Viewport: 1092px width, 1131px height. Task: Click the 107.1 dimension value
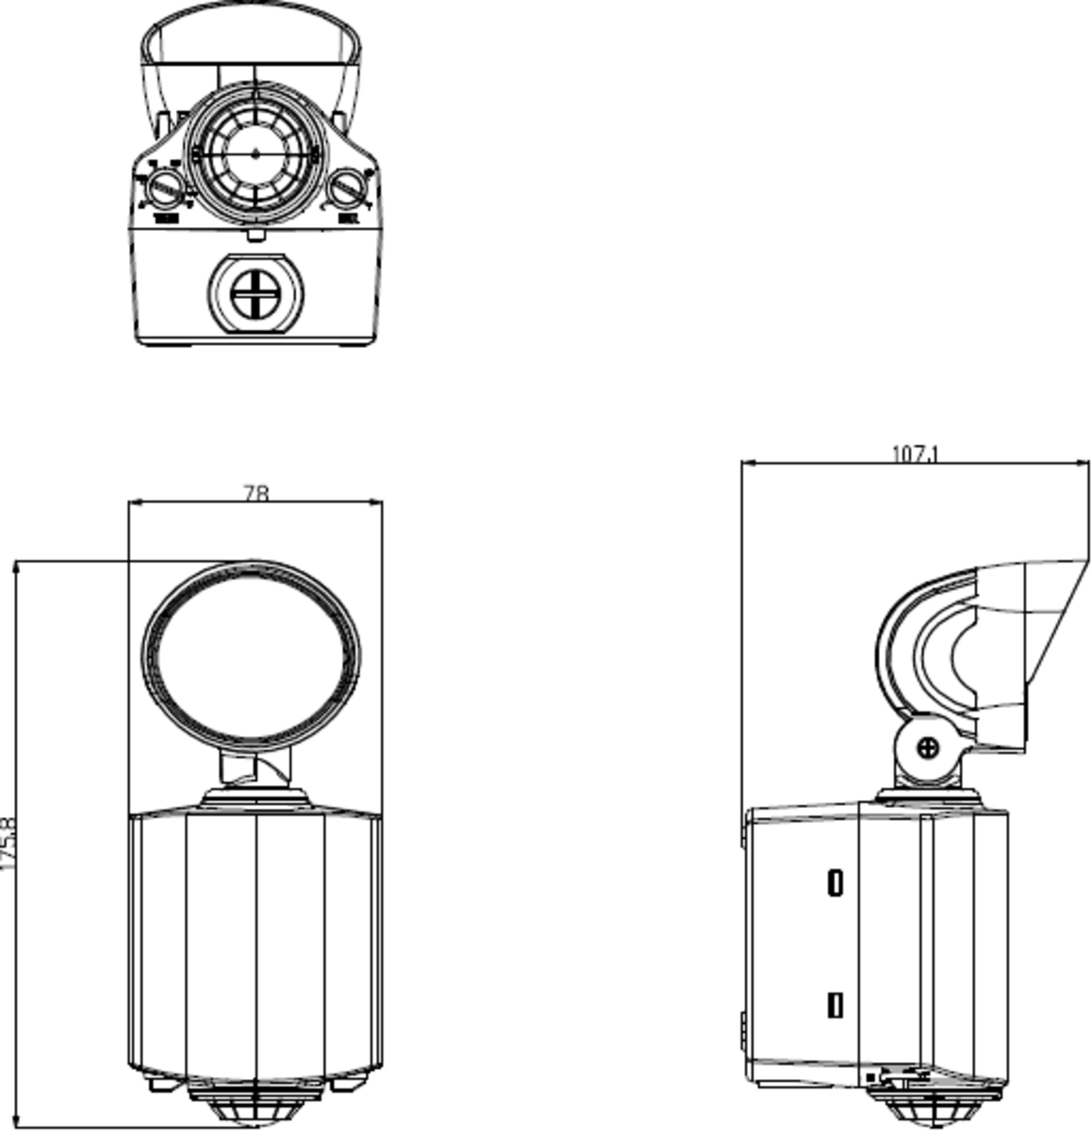click(916, 453)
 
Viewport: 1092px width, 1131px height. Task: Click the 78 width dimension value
click(256, 493)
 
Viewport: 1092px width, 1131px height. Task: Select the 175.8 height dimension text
click(9, 844)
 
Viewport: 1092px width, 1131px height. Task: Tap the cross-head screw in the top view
click(254, 294)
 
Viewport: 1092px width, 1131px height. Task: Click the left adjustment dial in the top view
click(166, 187)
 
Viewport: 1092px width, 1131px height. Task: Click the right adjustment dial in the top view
click(349, 188)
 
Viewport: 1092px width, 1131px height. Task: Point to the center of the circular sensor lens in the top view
click(255, 152)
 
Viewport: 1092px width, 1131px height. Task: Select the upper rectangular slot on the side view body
click(835, 883)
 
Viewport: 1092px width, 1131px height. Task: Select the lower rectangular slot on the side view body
click(835, 1005)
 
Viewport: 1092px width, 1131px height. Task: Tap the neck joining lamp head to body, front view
click(255, 768)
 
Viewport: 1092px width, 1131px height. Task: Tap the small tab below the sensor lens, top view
click(255, 235)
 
